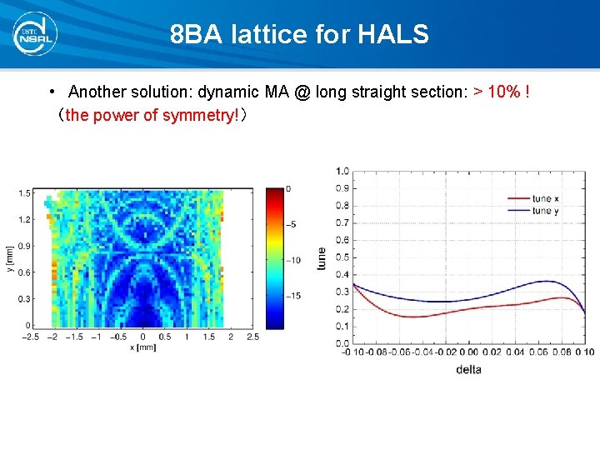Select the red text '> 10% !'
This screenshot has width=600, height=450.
point(502,91)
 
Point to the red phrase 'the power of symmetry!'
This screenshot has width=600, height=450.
point(152,115)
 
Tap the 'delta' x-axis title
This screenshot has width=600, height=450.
point(468,368)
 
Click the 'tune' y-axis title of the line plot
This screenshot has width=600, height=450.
point(322,257)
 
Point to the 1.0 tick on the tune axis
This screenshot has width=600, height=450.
point(342,172)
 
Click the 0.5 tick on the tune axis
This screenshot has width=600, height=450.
point(342,257)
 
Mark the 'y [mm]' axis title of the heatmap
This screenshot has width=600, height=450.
point(9,259)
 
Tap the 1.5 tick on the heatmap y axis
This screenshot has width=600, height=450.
point(25,193)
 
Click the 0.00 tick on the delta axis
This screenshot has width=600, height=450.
point(468,352)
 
